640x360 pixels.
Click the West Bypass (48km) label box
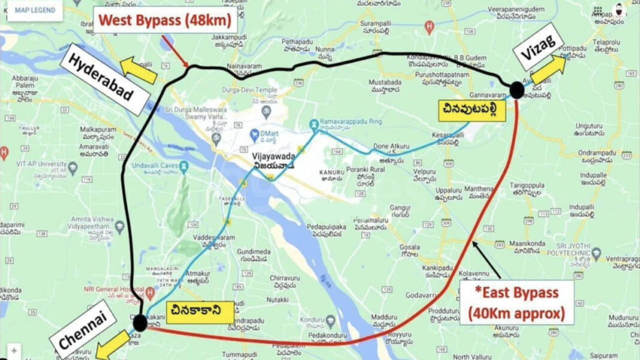[x=166, y=20]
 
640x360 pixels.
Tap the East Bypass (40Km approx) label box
[x=517, y=302]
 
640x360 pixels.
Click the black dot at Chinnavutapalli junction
[x=517, y=90]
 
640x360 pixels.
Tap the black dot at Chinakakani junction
[x=140, y=323]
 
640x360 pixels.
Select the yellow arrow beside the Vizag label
[x=549, y=68]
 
